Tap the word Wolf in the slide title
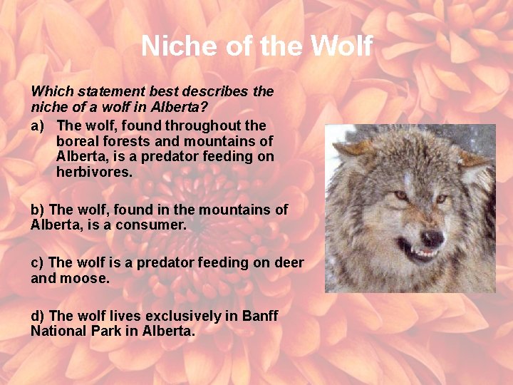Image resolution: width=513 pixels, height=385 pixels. pos(341,46)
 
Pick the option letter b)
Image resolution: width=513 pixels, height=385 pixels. pos(38,210)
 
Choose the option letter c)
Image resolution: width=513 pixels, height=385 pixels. pos(38,262)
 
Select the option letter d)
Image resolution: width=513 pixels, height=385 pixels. pos(38,315)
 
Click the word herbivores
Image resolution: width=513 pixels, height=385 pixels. pos(94,173)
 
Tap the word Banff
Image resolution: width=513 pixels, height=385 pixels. pos(259,315)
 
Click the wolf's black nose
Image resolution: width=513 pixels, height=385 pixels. pos(431,237)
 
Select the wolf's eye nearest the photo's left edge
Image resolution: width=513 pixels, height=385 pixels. pos(400,195)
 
